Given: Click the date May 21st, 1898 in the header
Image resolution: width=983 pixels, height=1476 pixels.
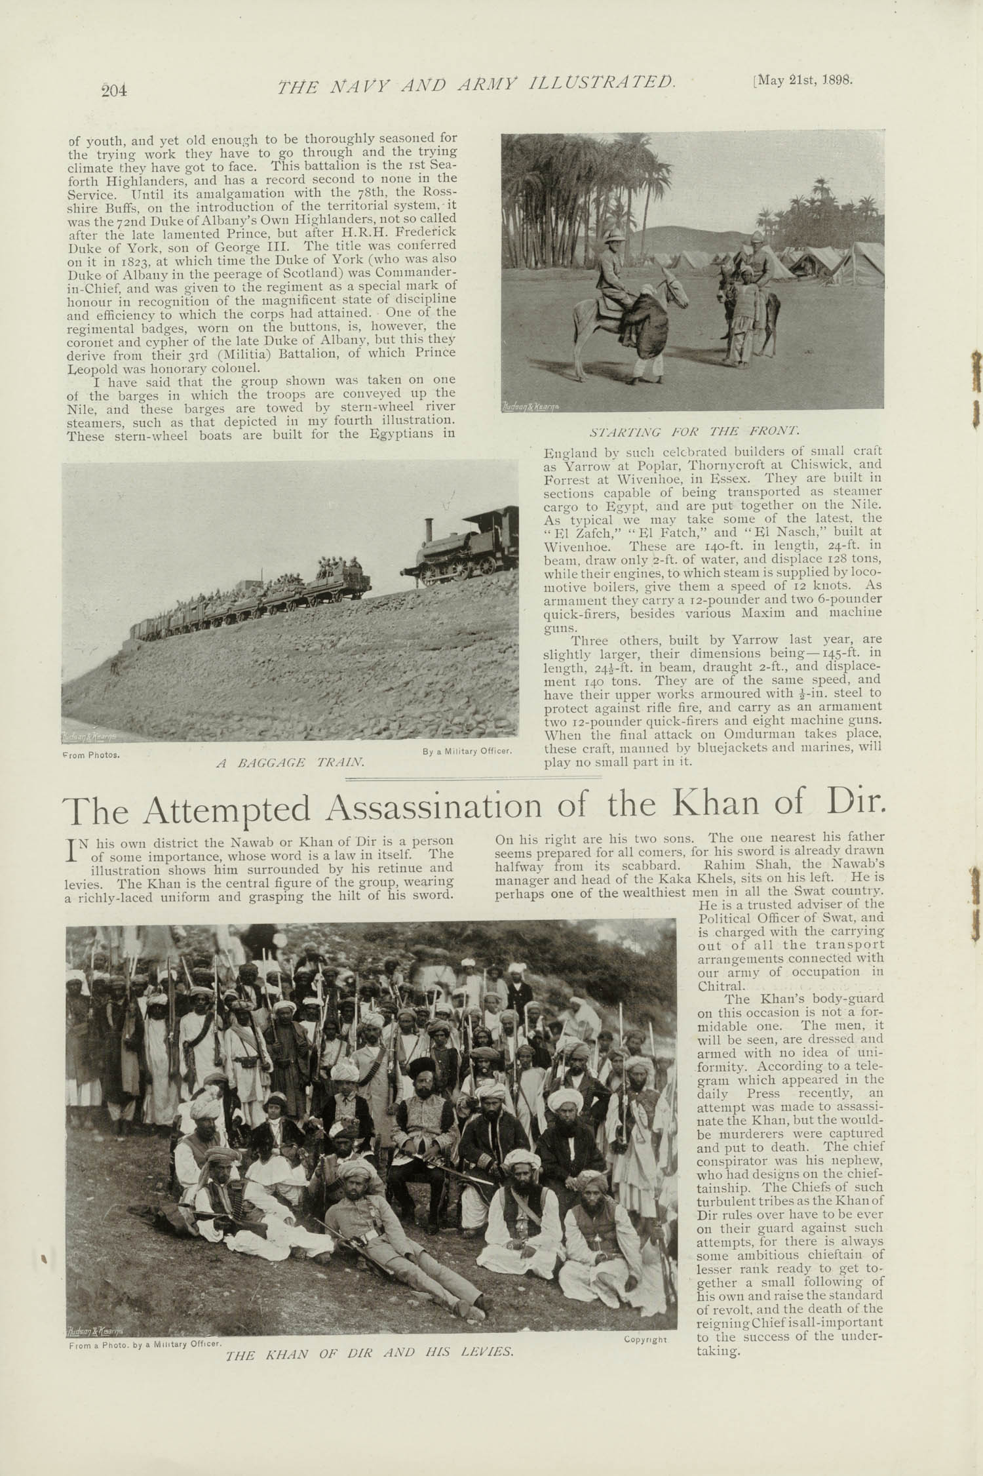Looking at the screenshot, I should [804, 81].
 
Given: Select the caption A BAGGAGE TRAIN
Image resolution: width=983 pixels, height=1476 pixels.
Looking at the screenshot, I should [290, 763].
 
